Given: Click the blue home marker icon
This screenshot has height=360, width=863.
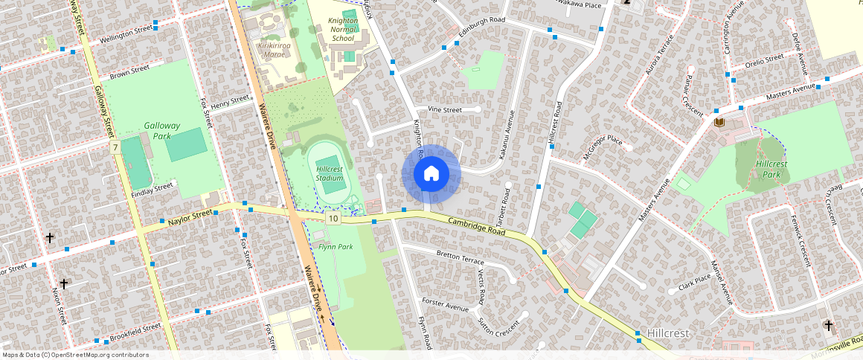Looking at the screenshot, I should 431,174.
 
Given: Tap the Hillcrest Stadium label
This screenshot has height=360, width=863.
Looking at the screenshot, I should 330,173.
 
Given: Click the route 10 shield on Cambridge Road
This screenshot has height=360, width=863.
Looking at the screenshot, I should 333,218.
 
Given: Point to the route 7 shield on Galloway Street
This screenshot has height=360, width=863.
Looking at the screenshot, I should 115,148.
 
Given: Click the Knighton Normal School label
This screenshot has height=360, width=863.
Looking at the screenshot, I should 343,30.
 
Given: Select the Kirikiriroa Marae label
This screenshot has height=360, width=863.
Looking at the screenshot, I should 272,49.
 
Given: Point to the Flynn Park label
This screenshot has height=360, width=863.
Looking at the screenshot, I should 335,246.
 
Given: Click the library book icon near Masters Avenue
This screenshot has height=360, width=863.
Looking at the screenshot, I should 719,122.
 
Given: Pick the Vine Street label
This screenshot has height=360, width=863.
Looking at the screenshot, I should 445,109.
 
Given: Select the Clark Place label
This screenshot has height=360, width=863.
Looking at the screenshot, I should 695,286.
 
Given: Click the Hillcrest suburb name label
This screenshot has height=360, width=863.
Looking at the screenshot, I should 670,332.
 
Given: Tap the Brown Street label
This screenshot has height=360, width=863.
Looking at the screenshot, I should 129,73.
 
